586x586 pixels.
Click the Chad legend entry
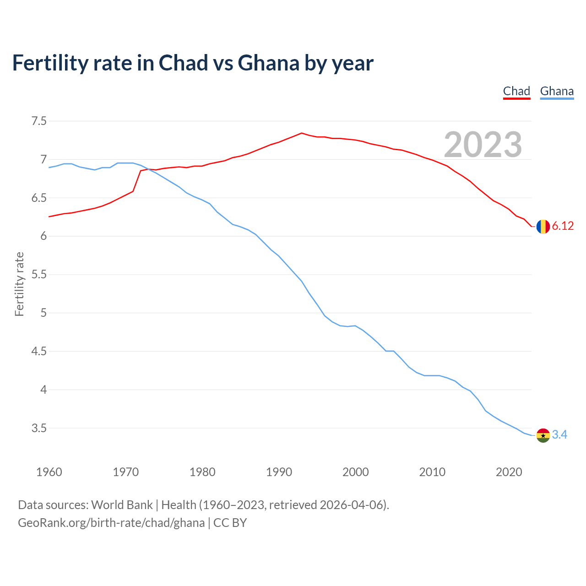click(x=516, y=91)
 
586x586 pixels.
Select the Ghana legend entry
click(x=557, y=91)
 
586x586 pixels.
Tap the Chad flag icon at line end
click(x=543, y=227)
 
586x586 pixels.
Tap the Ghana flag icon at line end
click(x=543, y=435)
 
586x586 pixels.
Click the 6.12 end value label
click(x=563, y=226)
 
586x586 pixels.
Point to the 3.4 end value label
click(x=559, y=435)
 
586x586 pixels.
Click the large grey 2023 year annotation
click(x=483, y=145)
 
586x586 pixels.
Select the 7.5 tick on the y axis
click(x=39, y=121)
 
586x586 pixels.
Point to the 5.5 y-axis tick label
click(x=39, y=275)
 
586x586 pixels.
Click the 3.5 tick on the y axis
click(x=39, y=429)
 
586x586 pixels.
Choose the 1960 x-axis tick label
click(x=49, y=472)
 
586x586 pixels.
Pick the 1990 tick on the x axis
click(x=279, y=472)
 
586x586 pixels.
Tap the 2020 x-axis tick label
click(x=509, y=472)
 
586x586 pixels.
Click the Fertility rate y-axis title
click(x=19, y=284)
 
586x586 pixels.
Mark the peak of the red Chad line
click(x=301, y=133)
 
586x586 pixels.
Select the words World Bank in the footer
click(x=122, y=505)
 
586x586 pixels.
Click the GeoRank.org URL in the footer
click(x=111, y=523)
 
